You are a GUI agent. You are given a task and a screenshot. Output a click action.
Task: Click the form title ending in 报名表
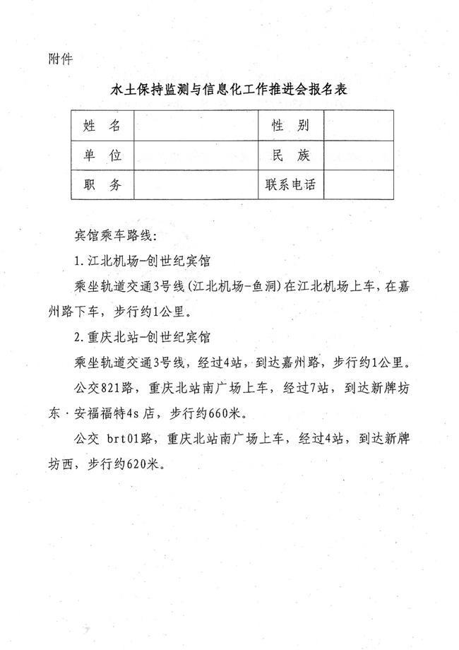point(229,91)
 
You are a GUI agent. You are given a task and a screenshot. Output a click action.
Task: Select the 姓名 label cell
point(102,126)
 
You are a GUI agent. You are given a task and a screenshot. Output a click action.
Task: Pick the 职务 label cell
point(102,185)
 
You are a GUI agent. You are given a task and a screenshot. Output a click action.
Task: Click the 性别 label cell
point(290,126)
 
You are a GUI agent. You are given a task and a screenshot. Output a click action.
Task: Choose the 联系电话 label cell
point(290,185)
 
